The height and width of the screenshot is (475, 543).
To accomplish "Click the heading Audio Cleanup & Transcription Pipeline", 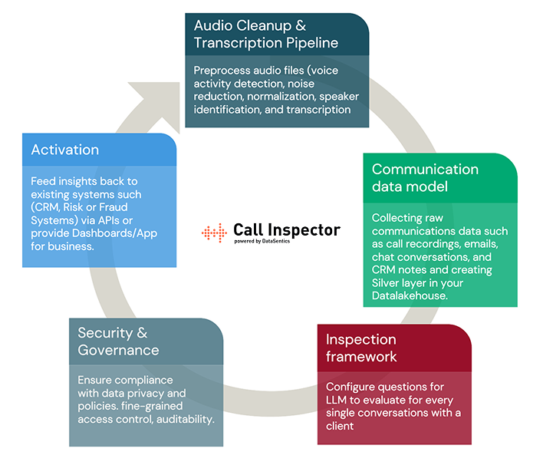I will [x=266, y=34].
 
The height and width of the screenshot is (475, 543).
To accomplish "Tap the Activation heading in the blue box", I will [x=65, y=150].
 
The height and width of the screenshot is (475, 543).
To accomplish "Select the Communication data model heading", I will [x=425, y=177].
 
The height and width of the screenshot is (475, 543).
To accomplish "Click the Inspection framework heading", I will [x=361, y=348].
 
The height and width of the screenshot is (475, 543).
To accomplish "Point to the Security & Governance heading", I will [x=118, y=341].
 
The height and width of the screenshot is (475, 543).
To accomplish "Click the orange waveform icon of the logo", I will [x=215, y=231].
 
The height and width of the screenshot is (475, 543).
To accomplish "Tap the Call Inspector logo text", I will [x=286, y=229].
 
